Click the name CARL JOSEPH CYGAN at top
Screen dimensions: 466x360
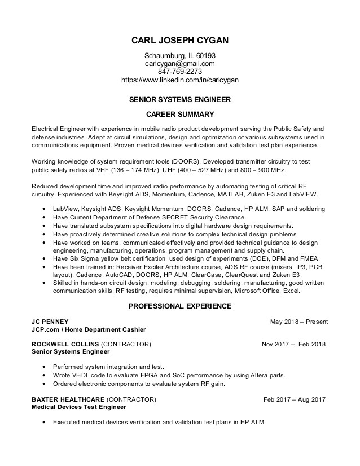click(x=180, y=41)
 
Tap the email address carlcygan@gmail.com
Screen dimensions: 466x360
click(x=180, y=64)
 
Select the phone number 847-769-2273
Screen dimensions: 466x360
click(x=180, y=72)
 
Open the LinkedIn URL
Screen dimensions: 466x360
click(x=180, y=80)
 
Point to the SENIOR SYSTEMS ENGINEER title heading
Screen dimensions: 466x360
click(x=180, y=100)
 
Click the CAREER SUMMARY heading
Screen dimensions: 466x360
click(x=180, y=115)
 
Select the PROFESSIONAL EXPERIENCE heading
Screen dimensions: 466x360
click(x=180, y=306)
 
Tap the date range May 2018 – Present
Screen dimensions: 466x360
click(x=298, y=322)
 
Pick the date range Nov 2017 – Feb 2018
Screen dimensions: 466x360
click(x=293, y=344)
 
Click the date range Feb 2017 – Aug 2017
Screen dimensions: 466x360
click(x=295, y=399)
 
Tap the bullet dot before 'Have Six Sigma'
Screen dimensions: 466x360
click(x=44, y=258)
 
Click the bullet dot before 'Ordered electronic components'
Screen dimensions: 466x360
click(x=44, y=384)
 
